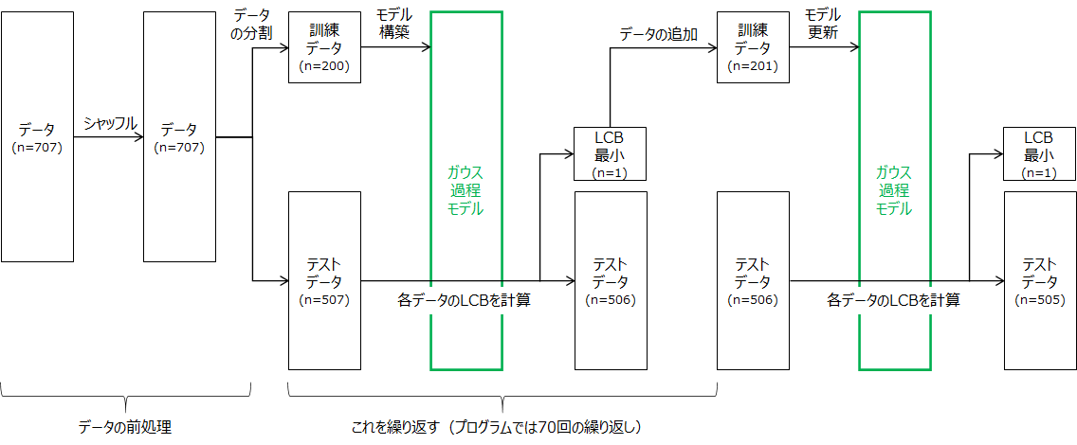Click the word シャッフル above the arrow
(x=110, y=123)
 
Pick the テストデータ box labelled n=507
(x=324, y=280)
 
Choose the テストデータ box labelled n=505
(x=1040, y=280)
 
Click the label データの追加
(x=658, y=34)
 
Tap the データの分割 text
(x=252, y=23)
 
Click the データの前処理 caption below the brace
(x=124, y=427)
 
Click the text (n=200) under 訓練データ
(x=324, y=66)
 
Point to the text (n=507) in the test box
(x=324, y=300)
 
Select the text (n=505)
(x=1040, y=300)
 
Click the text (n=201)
(x=752, y=66)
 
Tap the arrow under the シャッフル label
(x=108, y=138)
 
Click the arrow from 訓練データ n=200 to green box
(x=395, y=47)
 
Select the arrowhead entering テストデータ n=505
(x=998, y=280)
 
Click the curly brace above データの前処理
(x=125, y=395)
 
